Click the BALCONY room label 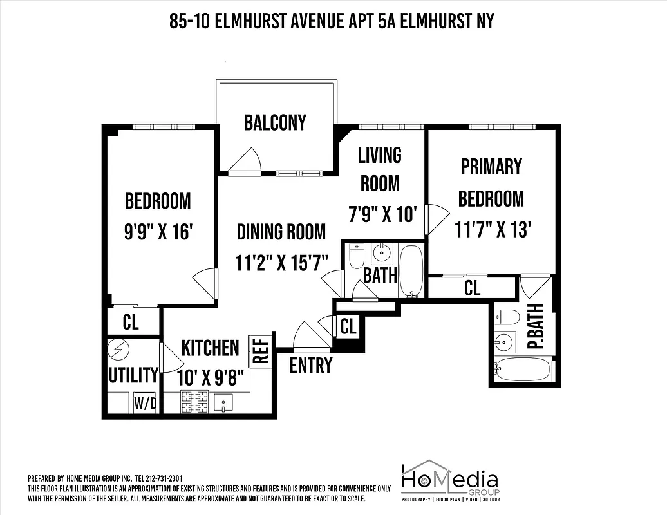click(x=275, y=123)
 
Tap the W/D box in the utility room click(x=146, y=404)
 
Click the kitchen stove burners click(x=194, y=402)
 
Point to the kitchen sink click(x=223, y=403)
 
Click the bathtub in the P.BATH click(x=523, y=370)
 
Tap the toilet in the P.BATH click(x=507, y=317)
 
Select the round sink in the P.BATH click(x=505, y=341)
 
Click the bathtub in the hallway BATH click(x=411, y=270)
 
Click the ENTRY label click(x=311, y=365)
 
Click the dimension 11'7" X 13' click(x=493, y=229)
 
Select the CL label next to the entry click(x=348, y=326)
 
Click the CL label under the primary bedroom click(x=472, y=288)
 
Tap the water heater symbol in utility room click(x=120, y=350)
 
